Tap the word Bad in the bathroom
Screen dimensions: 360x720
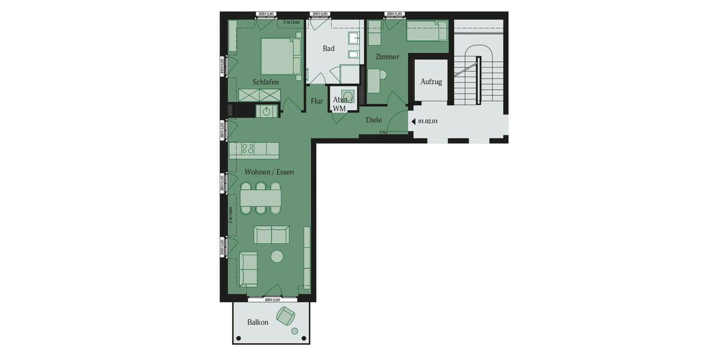[328, 49]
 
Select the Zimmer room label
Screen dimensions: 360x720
[387, 57]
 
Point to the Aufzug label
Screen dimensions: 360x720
[431, 82]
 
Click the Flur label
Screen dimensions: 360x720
[317, 101]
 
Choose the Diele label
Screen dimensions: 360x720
[374, 120]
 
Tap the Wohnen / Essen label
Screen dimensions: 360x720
[269, 172]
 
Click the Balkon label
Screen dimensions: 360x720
[258, 322]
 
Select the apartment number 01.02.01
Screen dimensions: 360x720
[428, 121]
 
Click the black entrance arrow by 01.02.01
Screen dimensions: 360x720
[413, 121]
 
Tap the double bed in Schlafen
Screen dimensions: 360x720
[280, 57]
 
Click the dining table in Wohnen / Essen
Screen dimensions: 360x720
[260, 197]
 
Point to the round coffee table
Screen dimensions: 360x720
[277, 256]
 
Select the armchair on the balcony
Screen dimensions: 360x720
[286, 315]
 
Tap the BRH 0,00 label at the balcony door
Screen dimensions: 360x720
[272, 299]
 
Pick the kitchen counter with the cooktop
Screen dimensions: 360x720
[254, 148]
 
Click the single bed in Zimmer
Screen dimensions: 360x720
[427, 31]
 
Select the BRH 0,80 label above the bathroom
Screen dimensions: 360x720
[320, 14]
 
